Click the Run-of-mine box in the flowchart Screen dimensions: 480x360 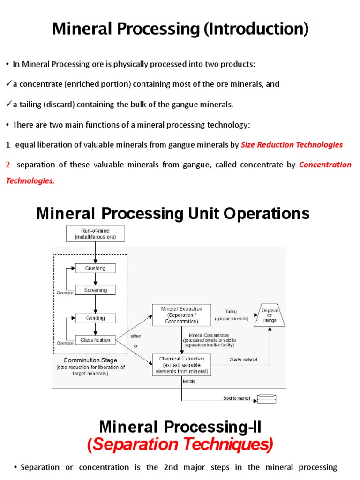pos(95,234)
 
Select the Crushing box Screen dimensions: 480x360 pos(95,269)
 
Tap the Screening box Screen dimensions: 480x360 pos(95,290)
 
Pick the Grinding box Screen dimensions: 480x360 pos(95,318)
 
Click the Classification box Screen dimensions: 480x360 pos(95,340)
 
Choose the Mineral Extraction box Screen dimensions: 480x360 pos(181,315)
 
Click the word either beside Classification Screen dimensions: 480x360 pos(136,336)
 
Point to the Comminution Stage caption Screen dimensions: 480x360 pos(90,360)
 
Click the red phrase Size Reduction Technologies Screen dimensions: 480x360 pos(292,145)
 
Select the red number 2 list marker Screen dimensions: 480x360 pos(8,165)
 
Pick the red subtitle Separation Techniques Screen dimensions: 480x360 pos(180,444)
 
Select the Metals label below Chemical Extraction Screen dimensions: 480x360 pos(189,381)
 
